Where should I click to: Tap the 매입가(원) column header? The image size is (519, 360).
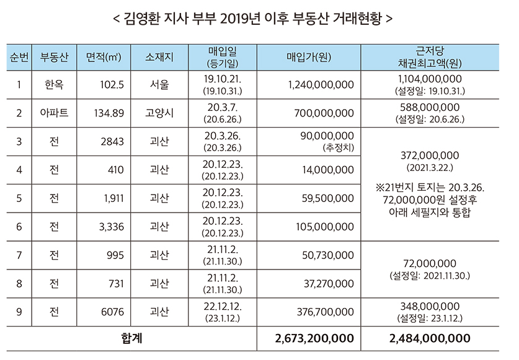(x=308, y=58)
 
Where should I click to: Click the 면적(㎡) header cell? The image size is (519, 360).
(x=104, y=58)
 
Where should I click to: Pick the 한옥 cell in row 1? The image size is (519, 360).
(x=54, y=85)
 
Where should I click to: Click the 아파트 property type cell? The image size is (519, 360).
(x=54, y=113)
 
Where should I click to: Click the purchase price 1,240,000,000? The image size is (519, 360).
(x=321, y=85)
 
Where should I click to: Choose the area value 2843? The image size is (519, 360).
(x=112, y=141)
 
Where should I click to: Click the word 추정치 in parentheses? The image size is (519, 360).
(x=337, y=148)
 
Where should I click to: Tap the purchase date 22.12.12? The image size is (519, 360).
(x=222, y=306)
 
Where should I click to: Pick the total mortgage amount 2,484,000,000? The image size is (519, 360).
(x=430, y=338)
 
